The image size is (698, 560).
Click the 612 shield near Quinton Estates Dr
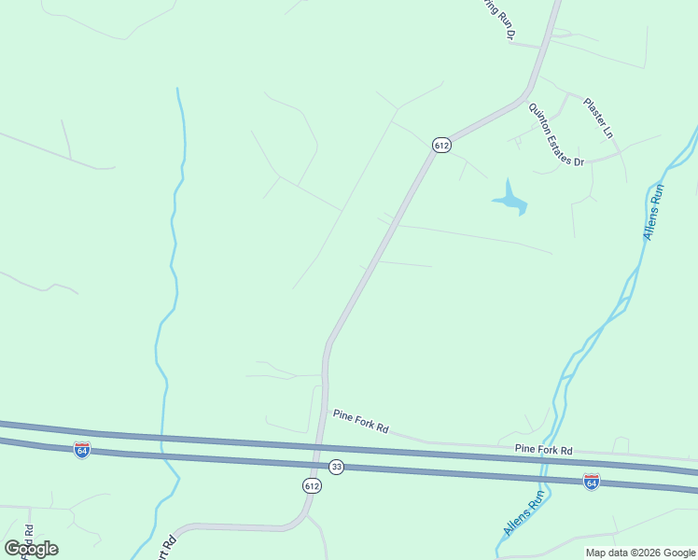[441, 145]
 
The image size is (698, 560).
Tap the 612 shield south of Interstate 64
[312, 486]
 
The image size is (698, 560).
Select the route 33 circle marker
[336, 467]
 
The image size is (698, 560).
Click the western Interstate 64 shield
[82, 450]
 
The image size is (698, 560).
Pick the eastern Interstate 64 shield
[591, 481]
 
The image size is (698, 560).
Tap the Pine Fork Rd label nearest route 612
[360, 422]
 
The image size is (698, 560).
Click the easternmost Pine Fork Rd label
[543, 450]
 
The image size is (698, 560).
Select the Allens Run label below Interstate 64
[523, 513]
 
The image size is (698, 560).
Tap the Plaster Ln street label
[598, 118]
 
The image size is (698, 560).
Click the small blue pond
[510, 198]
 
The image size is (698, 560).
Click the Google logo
[31, 549]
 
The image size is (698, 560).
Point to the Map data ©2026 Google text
[639, 553]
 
